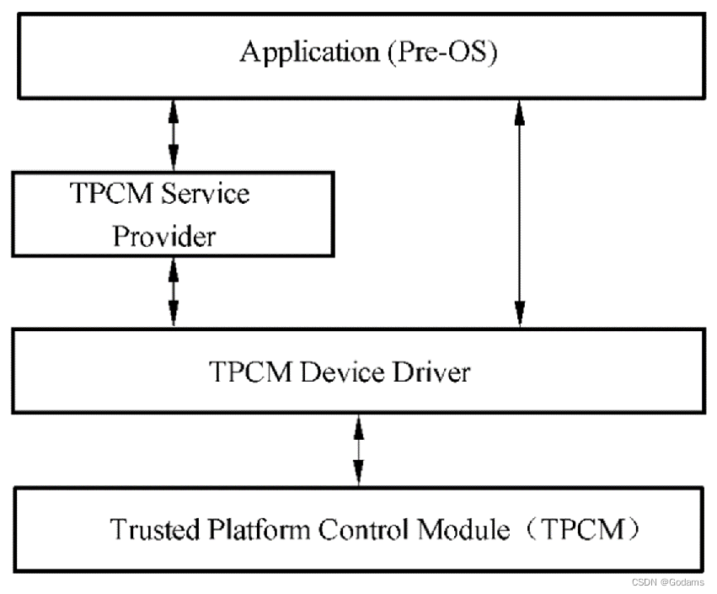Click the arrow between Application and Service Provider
[x=174, y=134]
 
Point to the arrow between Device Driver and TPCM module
[x=359, y=450]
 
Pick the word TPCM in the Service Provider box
[x=105, y=195]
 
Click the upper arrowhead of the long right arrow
[x=520, y=108]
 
